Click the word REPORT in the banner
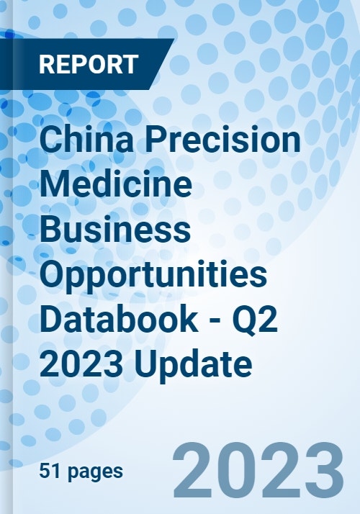[89, 64]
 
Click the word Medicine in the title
[116, 184]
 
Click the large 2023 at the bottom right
[258, 470]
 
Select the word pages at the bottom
[96, 473]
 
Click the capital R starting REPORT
[47, 64]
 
